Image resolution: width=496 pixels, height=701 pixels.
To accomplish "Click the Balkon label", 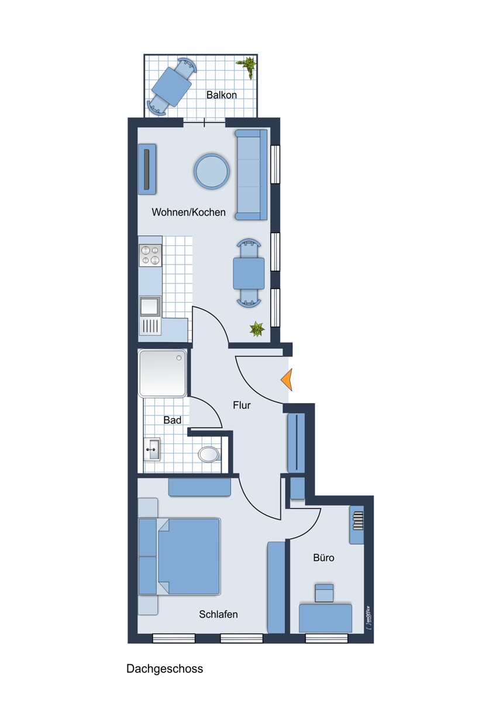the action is (x=221, y=95).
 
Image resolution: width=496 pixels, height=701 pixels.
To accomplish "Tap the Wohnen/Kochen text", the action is (x=188, y=212).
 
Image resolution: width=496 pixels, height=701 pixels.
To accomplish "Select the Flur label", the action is (x=242, y=405).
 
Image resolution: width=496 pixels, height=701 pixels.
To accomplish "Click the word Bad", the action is (x=173, y=419).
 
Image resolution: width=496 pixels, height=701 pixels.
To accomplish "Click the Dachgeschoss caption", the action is (x=165, y=668).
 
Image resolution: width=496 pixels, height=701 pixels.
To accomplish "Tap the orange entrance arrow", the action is (x=287, y=379).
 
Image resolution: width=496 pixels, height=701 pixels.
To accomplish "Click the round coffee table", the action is (x=212, y=171).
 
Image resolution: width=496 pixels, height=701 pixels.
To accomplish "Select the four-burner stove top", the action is (x=150, y=255).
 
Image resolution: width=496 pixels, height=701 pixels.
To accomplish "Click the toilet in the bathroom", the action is (x=209, y=454).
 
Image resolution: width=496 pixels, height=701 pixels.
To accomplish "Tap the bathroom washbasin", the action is (x=152, y=449).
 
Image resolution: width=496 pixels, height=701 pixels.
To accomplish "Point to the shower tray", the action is (x=163, y=373).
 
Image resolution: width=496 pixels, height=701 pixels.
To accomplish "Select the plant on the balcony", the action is (x=248, y=67).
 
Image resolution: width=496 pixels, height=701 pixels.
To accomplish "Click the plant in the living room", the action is (x=257, y=329).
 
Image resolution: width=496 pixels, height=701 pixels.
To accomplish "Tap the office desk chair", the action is (x=324, y=593).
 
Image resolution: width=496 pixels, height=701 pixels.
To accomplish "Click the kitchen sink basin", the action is (x=150, y=306).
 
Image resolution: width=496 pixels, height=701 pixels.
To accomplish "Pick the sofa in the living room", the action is (x=251, y=175).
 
